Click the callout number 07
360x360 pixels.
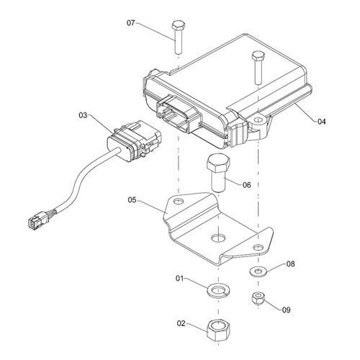pyautogui.click(x=131, y=23)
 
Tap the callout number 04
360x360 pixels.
pyautogui.click(x=322, y=122)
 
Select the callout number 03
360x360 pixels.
pyautogui.click(x=83, y=115)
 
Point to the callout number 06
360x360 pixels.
pyautogui.click(x=246, y=185)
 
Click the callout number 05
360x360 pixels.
pyautogui.click(x=132, y=200)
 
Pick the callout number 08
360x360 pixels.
pyautogui.click(x=290, y=264)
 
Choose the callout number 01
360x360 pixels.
pyautogui.click(x=180, y=279)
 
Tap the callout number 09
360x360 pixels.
pyautogui.click(x=286, y=310)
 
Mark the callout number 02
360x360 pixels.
pyautogui.click(x=181, y=323)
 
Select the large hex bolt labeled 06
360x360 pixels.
pyautogui.click(x=218, y=173)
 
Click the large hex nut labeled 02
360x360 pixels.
pyautogui.click(x=218, y=329)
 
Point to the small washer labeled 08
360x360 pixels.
pyautogui.click(x=258, y=271)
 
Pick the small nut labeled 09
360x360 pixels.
pyautogui.click(x=258, y=298)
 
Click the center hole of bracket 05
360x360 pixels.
pyautogui.click(x=218, y=238)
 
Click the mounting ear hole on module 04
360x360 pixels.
pyautogui.click(x=258, y=120)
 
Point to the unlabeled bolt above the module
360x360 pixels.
pyautogui.click(x=258, y=68)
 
